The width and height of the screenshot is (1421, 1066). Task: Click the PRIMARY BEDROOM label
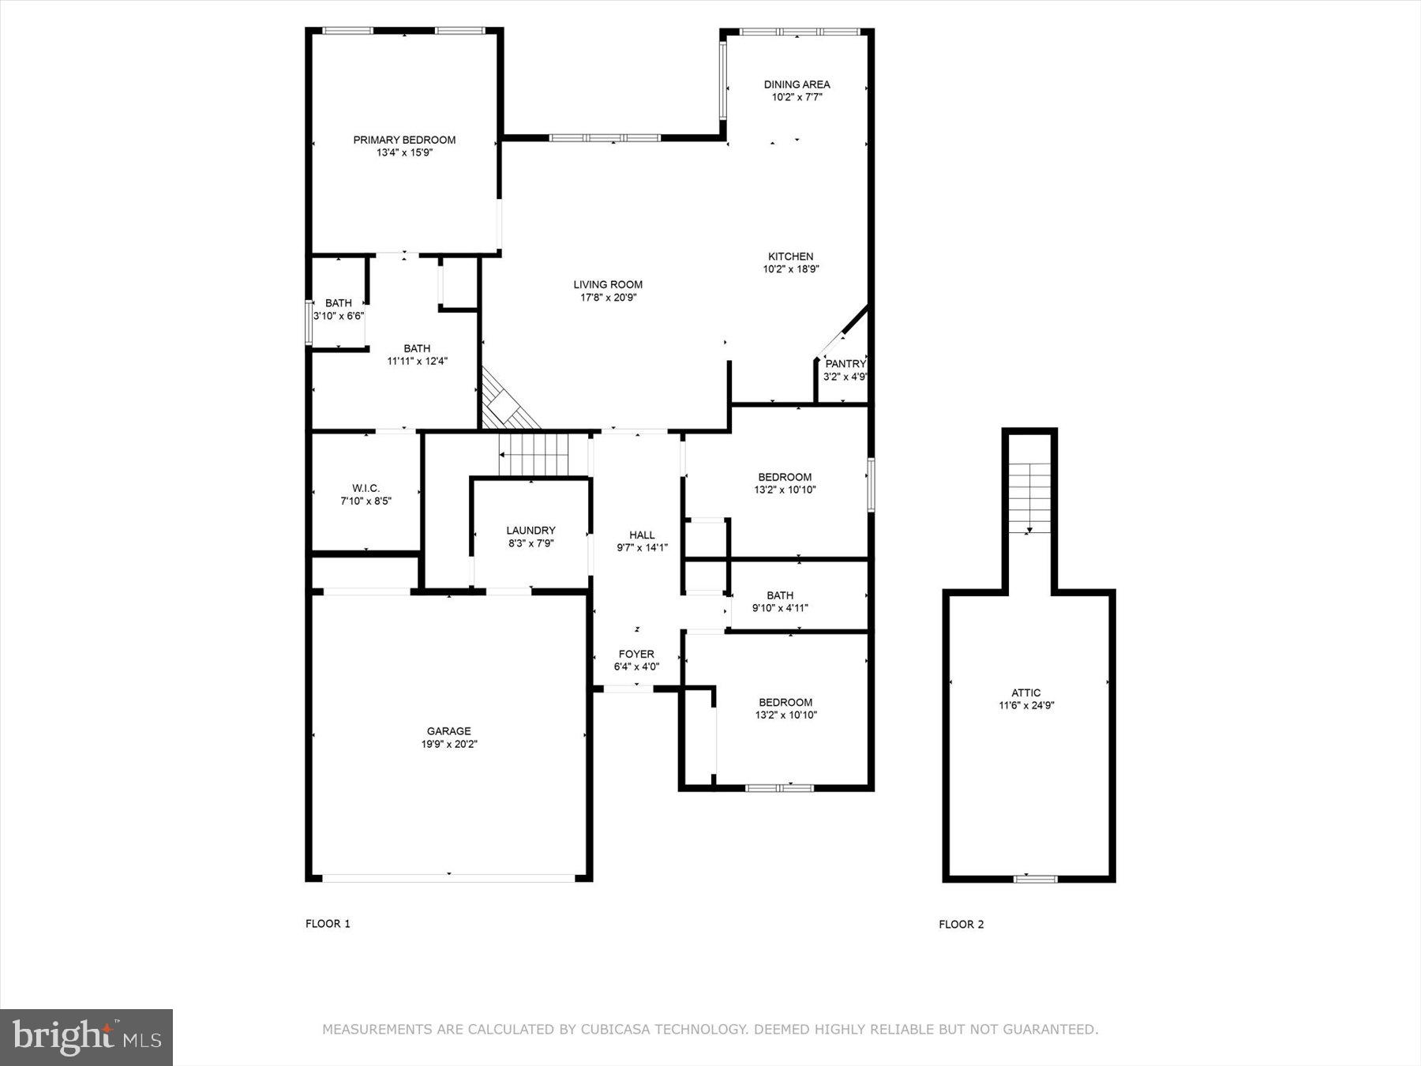coord(404,140)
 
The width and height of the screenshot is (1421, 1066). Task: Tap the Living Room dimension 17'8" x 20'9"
coord(608,298)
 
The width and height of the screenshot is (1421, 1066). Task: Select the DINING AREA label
coord(797,84)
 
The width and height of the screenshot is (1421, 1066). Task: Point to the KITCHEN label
coord(790,257)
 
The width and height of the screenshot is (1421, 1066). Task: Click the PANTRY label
coord(845,364)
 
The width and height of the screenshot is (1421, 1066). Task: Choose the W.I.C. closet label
coord(366,488)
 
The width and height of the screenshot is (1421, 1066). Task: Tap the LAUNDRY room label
coord(531,531)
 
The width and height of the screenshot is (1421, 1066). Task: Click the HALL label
coord(642,535)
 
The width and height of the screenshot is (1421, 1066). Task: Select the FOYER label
coord(636,654)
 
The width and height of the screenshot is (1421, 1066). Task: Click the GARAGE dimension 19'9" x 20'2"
coord(449,744)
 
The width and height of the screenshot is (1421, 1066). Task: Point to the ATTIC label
coord(1025,693)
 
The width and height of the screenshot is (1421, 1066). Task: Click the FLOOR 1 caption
coord(328,924)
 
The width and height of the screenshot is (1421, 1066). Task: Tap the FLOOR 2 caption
coord(961,925)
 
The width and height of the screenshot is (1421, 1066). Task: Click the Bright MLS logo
coord(86,1038)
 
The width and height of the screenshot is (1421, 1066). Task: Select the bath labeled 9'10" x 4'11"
coord(780,602)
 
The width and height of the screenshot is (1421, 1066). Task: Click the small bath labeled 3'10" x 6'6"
coord(339,310)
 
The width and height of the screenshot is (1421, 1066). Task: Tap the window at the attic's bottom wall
coord(1035,878)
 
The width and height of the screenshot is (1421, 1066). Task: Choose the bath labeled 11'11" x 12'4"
coord(417,355)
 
